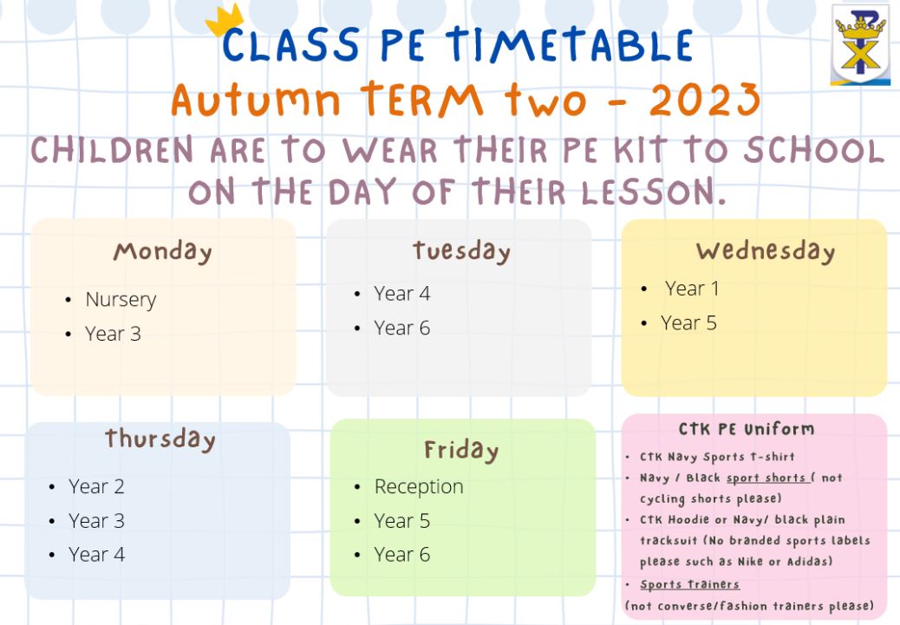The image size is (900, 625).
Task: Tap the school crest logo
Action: [860, 45]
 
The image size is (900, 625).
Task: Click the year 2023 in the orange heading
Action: [704, 100]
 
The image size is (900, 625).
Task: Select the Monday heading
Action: [162, 251]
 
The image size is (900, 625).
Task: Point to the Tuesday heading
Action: [461, 251]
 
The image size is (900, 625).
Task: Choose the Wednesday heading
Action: [765, 251]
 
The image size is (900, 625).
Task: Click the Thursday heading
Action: [160, 439]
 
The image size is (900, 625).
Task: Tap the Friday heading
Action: [461, 451]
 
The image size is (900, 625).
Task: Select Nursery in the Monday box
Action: [121, 300]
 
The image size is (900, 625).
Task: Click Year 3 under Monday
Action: [113, 334]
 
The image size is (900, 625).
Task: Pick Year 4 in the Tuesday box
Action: [401, 293]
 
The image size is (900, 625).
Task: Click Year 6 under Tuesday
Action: [401, 328]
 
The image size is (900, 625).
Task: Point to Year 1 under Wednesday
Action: [692, 288]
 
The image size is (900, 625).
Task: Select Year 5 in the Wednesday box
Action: [688, 323]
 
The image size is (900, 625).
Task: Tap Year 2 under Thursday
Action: [96, 486]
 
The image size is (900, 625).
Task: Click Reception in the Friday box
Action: [419, 487]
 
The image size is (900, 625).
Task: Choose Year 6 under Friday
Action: [401, 555]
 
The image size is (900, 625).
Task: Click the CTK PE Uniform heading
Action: [747, 429]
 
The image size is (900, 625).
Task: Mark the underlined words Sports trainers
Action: [690, 584]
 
